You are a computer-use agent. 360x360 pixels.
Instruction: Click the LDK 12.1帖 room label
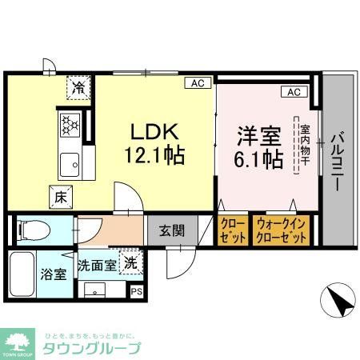coord(158,142)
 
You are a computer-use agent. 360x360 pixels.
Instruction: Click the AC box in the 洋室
coord(293,92)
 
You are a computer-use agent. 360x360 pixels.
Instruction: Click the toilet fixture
coord(34,230)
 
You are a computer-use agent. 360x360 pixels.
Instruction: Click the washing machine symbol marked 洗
coord(128,261)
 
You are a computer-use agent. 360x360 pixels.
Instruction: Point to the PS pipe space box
coord(136,290)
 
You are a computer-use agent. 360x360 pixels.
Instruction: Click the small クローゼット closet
coord(232,231)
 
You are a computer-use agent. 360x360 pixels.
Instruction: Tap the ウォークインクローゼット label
coord(280,231)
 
